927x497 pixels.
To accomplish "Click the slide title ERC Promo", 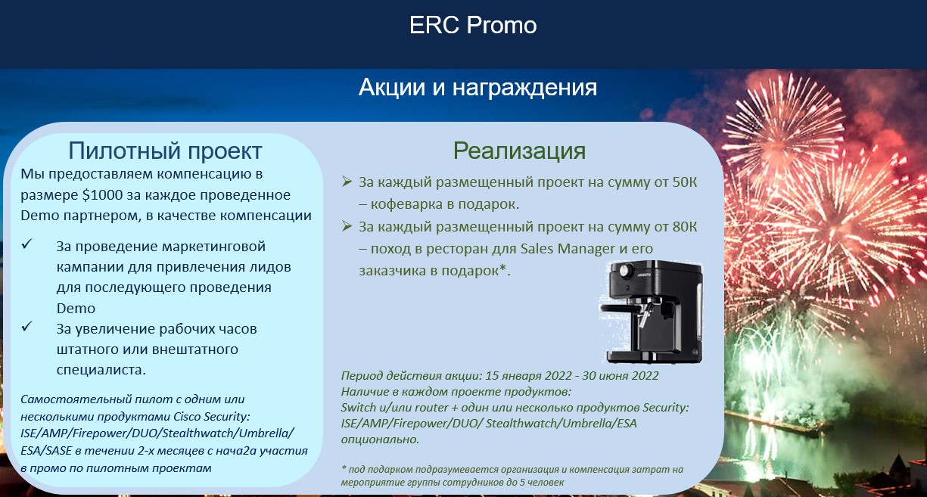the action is (473, 25).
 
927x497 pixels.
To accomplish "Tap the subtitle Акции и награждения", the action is (477, 88).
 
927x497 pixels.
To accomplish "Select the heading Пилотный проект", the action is (165, 151).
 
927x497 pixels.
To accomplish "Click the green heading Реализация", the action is (519, 151).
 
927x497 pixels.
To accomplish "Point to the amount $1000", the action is (102, 194).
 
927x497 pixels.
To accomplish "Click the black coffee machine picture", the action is (652, 312).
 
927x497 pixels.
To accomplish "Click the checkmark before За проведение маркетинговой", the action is (27, 244).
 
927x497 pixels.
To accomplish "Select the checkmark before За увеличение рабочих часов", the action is (27, 327).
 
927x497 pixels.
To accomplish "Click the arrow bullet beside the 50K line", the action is (347, 182).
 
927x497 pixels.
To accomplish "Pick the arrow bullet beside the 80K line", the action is (347, 226).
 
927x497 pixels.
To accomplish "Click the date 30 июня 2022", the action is (620, 375).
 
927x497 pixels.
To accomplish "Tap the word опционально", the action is (380, 440).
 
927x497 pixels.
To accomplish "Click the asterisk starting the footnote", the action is (344, 468).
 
